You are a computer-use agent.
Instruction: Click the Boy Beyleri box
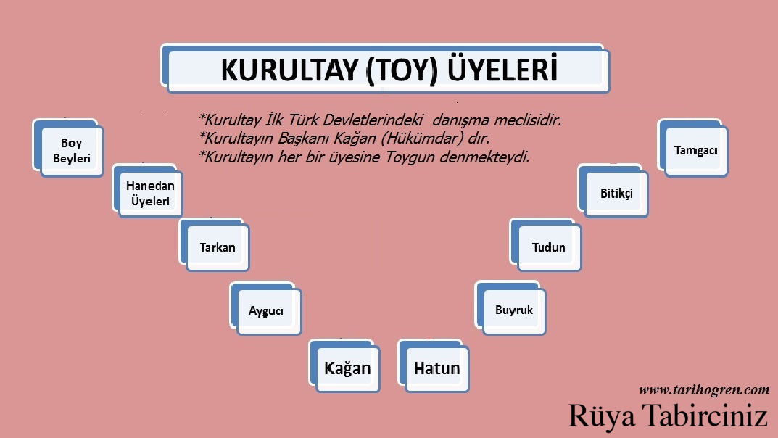(71, 151)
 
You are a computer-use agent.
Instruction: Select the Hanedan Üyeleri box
(150, 194)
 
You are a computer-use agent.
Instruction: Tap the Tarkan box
(218, 247)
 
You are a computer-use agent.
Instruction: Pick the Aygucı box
(266, 310)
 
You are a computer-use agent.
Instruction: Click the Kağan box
(347, 368)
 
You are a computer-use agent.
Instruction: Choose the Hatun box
(436, 368)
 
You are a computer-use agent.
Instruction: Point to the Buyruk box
(513, 310)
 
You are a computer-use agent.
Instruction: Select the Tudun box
(548, 247)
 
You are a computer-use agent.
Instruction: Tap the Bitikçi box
(616, 194)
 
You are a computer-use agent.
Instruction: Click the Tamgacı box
(695, 150)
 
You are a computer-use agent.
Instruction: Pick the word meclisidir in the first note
(525, 120)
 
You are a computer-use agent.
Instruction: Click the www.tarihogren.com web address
(703, 390)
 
